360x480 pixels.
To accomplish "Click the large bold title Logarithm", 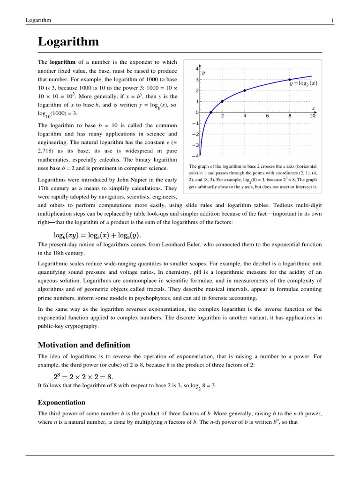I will click(x=68, y=42).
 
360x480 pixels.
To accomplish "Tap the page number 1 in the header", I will click(x=332, y=20).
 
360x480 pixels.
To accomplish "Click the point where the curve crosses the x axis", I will click(x=211, y=112).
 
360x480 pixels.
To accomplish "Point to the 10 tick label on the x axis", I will click(x=313, y=116).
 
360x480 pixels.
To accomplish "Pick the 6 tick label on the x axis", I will click(x=267, y=116).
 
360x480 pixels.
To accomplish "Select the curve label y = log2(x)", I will click(x=303, y=83).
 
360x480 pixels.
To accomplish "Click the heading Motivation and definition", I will click(x=84, y=345).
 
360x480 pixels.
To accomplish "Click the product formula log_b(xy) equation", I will click(x=96, y=234).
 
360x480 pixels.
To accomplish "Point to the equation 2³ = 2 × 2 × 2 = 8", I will click(x=83, y=376).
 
